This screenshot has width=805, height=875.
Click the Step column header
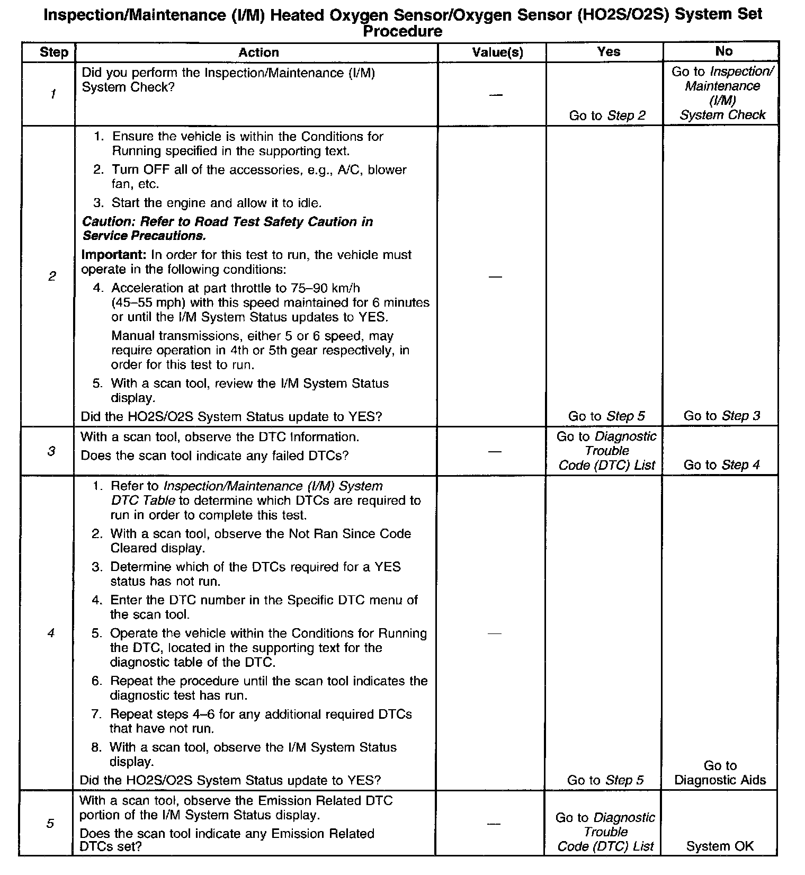tap(53, 52)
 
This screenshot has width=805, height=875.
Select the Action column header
tap(258, 52)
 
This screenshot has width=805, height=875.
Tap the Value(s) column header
tap(497, 52)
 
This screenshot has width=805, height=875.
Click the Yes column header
tap(609, 51)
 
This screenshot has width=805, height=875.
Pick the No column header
tap(723, 51)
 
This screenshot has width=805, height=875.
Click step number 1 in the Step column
tap(53, 94)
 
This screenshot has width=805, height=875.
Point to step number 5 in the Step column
tap(50, 824)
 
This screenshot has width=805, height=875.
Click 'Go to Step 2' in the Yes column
tap(607, 115)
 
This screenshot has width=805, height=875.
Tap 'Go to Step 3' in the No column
tap(721, 416)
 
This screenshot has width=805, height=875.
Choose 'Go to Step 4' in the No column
tap(721, 465)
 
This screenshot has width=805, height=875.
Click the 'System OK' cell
tap(720, 846)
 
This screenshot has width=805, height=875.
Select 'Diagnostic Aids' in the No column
tap(720, 780)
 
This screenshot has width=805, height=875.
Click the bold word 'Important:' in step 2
tap(113, 255)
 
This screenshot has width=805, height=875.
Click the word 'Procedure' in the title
tap(402, 31)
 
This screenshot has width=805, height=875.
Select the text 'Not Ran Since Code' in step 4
tap(350, 534)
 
